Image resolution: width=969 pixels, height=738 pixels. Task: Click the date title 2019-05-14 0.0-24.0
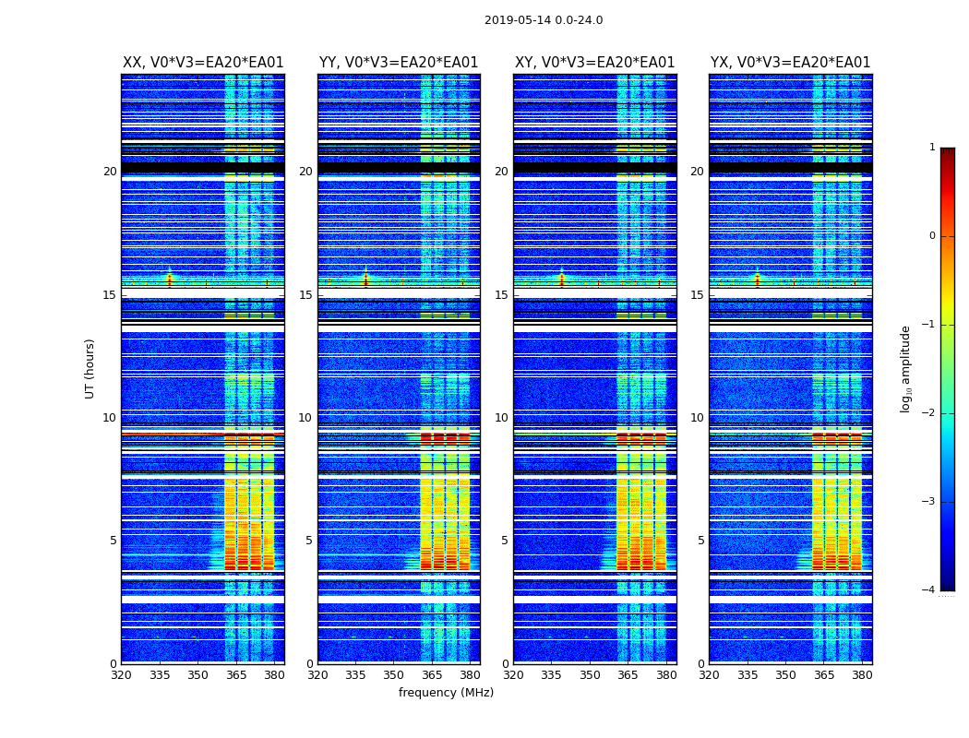tap(544, 20)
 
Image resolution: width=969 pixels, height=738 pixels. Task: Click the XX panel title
tap(203, 63)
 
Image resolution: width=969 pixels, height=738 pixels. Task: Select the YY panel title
tap(399, 63)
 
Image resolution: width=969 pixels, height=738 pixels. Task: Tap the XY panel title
tap(594, 63)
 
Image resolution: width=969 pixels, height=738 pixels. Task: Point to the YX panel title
tap(790, 63)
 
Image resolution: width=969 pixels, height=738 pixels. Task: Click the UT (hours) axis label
tap(90, 368)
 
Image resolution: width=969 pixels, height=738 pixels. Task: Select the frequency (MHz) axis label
tap(446, 693)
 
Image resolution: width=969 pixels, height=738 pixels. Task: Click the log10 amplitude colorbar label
tap(906, 368)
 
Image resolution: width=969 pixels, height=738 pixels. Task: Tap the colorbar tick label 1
tap(931, 148)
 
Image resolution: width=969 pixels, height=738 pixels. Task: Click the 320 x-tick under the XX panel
tap(121, 675)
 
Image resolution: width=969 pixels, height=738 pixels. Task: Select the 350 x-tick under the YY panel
tap(394, 675)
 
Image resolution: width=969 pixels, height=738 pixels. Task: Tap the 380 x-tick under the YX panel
tap(862, 675)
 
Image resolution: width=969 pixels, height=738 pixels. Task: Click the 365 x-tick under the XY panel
tap(628, 675)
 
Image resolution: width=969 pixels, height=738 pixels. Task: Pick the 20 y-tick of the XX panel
tap(110, 172)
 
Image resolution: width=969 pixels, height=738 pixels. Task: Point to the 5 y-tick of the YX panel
tap(700, 541)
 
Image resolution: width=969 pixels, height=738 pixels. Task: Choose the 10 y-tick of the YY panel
tap(305, 418)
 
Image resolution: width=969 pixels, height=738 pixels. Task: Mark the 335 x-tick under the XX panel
tap(160, 675)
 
